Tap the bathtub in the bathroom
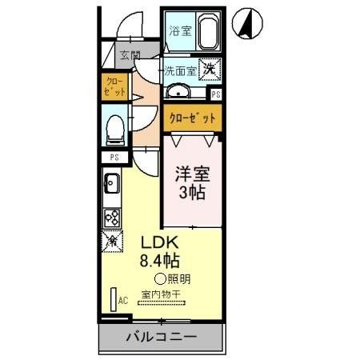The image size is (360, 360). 208,33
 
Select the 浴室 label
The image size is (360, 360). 180,32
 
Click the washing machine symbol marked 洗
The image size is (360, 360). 208,70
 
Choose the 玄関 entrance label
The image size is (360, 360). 130,57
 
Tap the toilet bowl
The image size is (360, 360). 114,126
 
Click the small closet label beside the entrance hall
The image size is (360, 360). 115,86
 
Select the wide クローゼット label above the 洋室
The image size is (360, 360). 192,118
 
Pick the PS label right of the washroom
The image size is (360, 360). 216,94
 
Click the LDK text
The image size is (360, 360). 161,242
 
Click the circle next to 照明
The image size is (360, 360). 160,278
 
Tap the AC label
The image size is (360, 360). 123,301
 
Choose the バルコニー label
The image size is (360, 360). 162,337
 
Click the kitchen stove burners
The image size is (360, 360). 112,216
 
